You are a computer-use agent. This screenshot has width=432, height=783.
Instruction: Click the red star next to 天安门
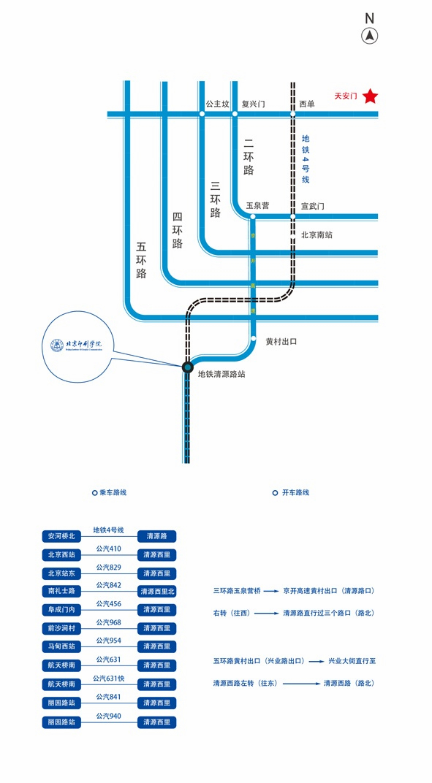coord(371,96)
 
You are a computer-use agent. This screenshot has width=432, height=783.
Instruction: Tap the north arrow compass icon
coord(370,35)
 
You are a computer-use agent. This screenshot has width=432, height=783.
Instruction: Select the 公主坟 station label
coord(217,104)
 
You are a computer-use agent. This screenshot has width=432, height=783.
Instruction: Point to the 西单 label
coord(307,104)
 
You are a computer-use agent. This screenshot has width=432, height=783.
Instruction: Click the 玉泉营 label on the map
coord(257,206)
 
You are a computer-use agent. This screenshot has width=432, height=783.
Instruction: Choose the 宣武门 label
coord(312,206)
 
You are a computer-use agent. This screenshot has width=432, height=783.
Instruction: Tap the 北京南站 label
coord(317,235)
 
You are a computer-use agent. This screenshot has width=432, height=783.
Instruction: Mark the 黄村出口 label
coord(281,341)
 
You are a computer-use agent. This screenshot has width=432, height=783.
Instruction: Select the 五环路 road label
coord(141,260)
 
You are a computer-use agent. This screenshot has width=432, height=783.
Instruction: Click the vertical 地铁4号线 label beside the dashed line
coord(306,158)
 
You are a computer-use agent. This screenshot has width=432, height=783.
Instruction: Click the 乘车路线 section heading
coord(109,493)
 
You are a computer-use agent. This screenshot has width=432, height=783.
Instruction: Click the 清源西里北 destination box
coord(157,592)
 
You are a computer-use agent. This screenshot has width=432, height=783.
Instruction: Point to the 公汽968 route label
coord(109,622)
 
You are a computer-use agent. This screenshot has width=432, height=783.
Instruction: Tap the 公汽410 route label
coord(109,549)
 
